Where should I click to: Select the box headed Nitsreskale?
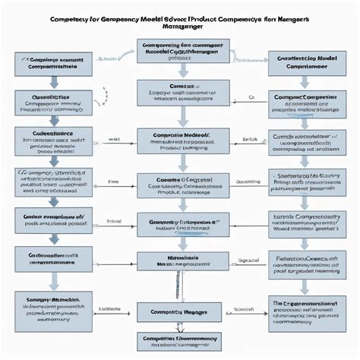tap(182, 261)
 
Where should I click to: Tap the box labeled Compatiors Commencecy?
tap(182, 341)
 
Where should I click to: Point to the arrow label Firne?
tap(114, 182)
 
